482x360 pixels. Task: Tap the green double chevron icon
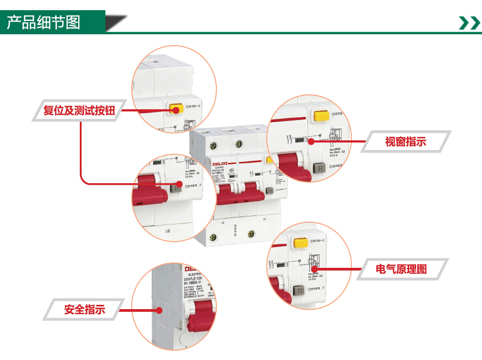[469, 22]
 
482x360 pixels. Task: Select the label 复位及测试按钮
[82, 111]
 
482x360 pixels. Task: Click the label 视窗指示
[405, 142]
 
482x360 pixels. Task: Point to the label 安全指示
[84, 309]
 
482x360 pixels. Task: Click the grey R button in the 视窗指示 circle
[320, 168]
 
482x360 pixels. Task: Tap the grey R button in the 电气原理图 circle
[299, 290]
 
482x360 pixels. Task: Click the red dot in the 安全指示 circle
[159, 310]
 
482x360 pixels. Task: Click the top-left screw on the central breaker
[215, 145]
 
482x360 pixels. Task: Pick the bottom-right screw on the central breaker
[251, 234]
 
